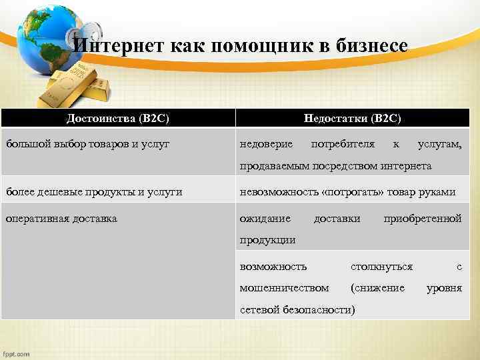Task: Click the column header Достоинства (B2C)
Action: pyautogui.click(x=118, y=118)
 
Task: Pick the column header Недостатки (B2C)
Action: pyautogui.click(x=352, y=118)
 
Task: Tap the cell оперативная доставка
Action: pyautogui.click(x=61, y=218)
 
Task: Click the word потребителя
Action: pyautogui.click(x=343, y=144)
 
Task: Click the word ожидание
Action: pyautogui.click(x=265, y=218)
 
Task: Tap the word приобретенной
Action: pyautogui.click(x=423, y=218)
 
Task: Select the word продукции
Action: pyautogui.click(x=267, y=239)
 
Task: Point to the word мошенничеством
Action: pyautogui.click(x=284, y=288)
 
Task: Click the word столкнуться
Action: pyautogui.click(x=381, y=267)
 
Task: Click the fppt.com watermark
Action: pyautogui.click(x=16, y=353)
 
